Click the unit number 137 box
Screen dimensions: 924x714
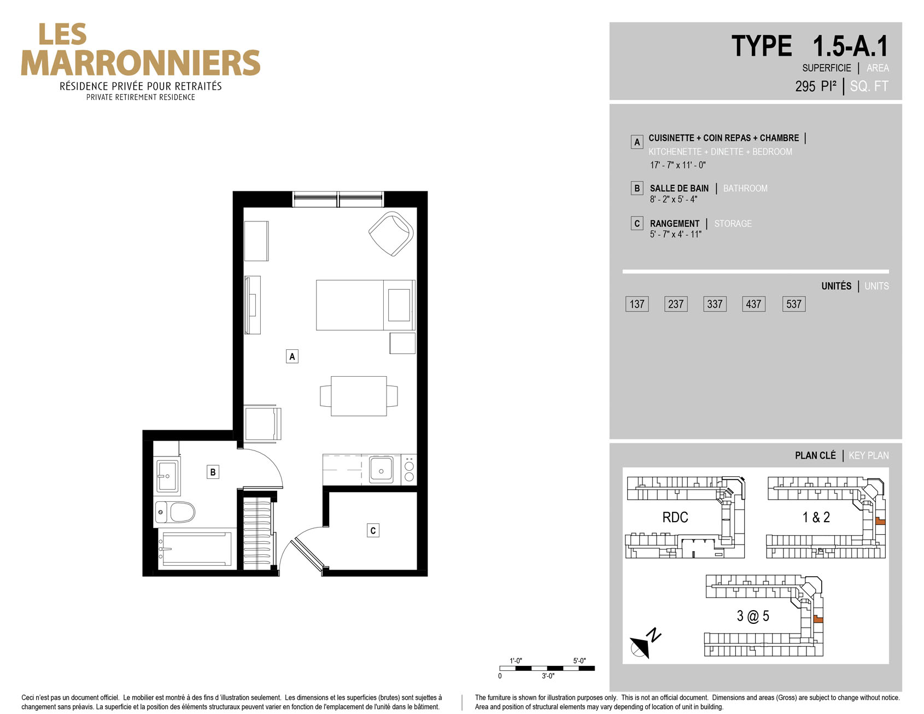pos(637,304)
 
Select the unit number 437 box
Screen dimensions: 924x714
pos(753,304)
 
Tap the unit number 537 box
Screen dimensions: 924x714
pos(793,304)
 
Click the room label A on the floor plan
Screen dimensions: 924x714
pos(292,356)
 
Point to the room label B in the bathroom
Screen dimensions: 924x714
pos(213,472)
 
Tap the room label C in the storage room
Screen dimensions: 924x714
pos(373,530)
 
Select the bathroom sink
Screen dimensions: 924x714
pos(167,476)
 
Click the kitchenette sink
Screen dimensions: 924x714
pos(381,469)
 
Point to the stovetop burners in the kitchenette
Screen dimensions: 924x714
pos(409,470)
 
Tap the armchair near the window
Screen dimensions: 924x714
pos(391,233)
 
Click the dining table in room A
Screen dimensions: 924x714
pos(359,396)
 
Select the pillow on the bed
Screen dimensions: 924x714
pos(399,305)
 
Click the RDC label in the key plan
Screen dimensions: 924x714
pos(675,517)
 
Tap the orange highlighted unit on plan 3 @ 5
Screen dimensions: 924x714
pos(818,619)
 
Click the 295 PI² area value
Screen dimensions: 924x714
pos(816,86)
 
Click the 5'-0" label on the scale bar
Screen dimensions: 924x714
pos(580,660)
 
